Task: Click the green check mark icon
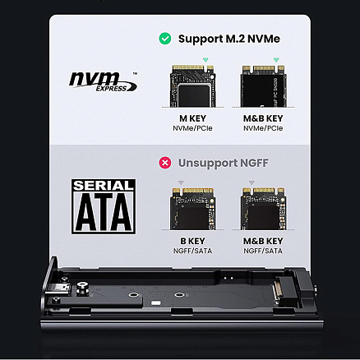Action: (165, 38)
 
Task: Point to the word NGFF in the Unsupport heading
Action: (261, 163)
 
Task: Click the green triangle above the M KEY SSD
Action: (203, 58)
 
